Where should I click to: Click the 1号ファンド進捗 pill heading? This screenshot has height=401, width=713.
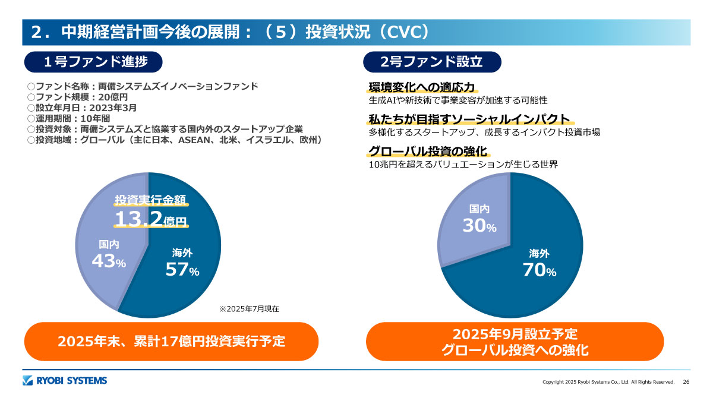click(93, 62)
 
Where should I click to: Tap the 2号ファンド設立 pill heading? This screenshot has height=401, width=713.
click(431, 62)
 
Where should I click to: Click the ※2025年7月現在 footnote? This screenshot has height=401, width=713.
click(249, 309)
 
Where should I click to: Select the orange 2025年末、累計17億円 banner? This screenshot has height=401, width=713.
click(171, 341)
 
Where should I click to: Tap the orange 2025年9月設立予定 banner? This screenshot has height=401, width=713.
click(515, 342)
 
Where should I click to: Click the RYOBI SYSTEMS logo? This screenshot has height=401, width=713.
click(65, 381)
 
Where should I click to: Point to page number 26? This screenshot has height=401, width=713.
click(686, 382)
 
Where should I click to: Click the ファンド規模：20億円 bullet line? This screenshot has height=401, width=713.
click(77, 97)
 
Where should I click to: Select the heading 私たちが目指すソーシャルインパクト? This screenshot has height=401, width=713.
click(469, 119)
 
